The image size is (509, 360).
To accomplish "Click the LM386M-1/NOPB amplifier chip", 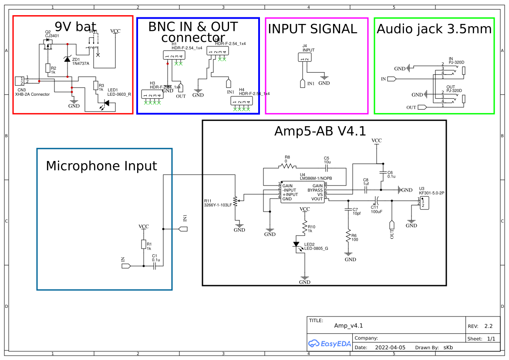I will pyautogui.click(x=303, y=192).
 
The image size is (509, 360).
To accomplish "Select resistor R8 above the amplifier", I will pyautogui.click(x=287, y=166).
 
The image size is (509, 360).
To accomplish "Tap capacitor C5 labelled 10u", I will pyautogui.click(x=327, y=166).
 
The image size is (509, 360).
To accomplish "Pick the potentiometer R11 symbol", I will pyautogui.click(x=236, y=201).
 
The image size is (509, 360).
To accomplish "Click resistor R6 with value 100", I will pyautogui.click(x=348, y=236).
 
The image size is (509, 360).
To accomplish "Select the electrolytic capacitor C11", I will pyautogui.click(x=377, y=200).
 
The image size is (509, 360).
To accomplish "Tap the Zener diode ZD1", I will pyautogui.click(x=67, y=59).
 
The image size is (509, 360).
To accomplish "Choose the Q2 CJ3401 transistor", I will pyautogui.click(x=47, y=45).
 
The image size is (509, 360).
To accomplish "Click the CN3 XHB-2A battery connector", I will pyautogui.click(x=19, y=81).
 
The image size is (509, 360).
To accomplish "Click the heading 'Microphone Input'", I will pyautogui.click(x=101, y=166).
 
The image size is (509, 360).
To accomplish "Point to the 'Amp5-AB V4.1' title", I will pyautogui.click(x=320, y=131).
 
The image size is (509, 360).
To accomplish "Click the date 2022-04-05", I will pyautogui.click(x=390, y=347).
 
